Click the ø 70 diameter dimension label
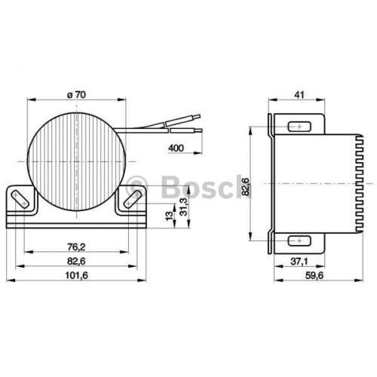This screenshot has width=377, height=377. pos(77,95)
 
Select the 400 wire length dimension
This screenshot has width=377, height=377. pos(176,148)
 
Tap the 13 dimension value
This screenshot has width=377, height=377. pos(170,216)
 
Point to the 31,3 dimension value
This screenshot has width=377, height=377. pos(184,207)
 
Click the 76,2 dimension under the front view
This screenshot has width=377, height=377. pos(76,247)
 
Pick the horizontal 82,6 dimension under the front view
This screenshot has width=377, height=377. pos(76,262)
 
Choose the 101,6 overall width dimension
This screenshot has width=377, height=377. pos(77,275)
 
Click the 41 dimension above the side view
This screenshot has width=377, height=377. pos(299,95)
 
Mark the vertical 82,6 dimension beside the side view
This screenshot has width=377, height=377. pos(245,186)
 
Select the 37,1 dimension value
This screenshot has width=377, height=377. pos(299,262)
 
